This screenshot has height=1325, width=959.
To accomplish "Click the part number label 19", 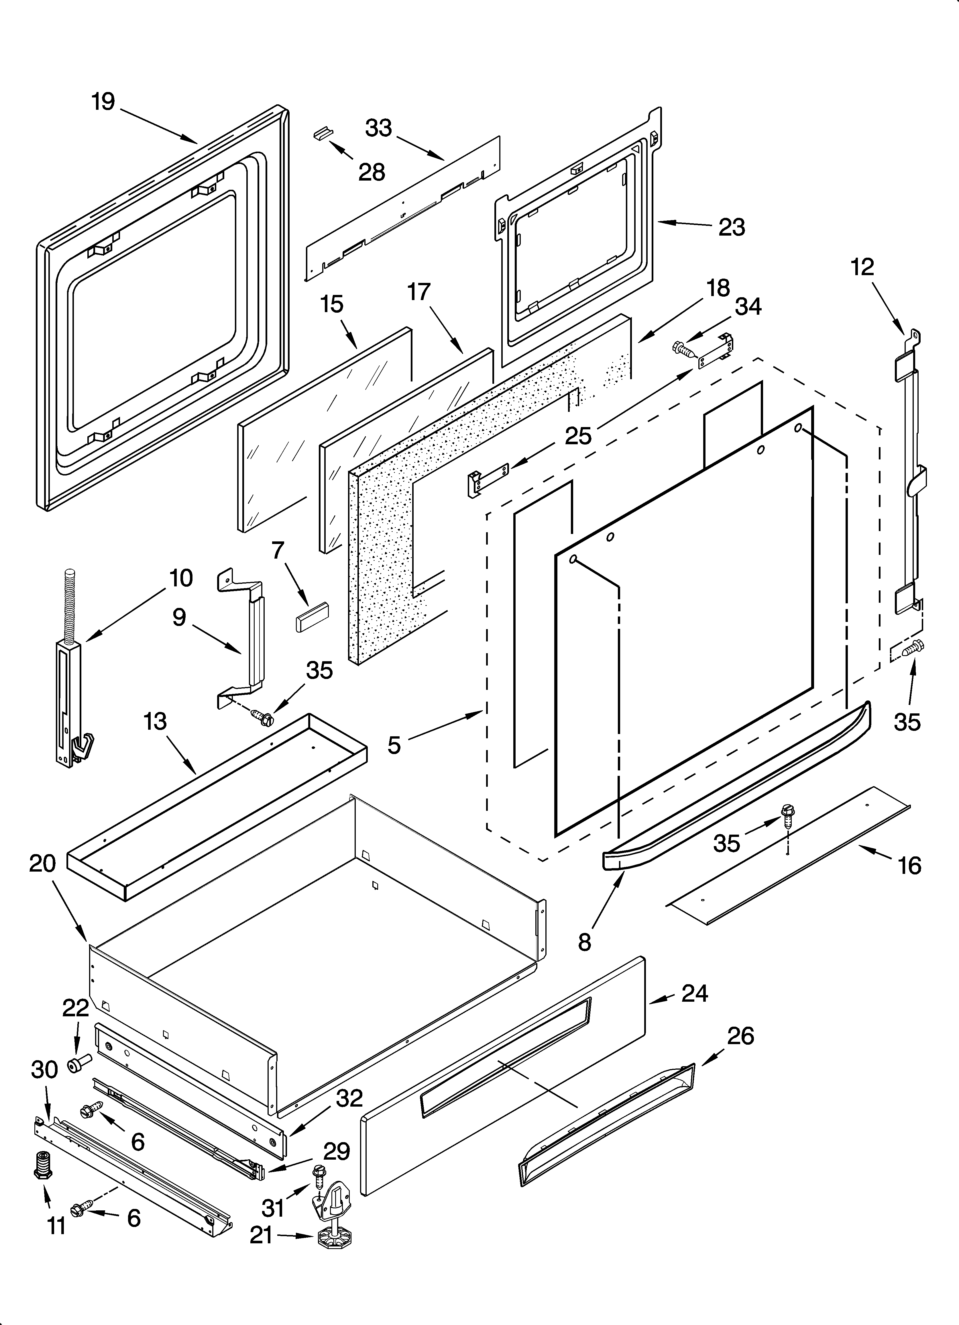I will coord(103,102).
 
